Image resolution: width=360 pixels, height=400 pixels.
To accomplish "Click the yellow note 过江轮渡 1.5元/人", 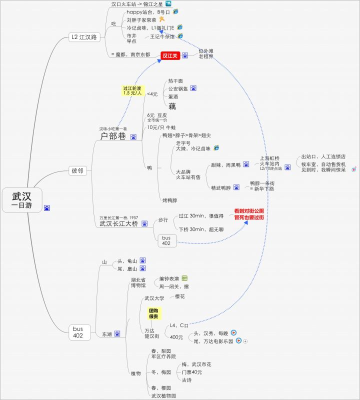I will coord(132,90).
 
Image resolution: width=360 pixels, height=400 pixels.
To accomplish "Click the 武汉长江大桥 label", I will coord(119,224).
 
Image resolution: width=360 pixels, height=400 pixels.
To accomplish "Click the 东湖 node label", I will coord(107,334).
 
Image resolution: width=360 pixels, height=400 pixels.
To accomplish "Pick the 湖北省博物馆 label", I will coord(138,282).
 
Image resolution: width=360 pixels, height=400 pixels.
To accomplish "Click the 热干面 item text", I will coord(175,81).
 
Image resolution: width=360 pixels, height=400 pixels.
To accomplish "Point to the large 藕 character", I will coord(172,106).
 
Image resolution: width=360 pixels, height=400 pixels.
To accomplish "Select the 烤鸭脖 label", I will coord(170,200).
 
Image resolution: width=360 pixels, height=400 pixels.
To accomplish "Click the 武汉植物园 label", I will coord(164,395).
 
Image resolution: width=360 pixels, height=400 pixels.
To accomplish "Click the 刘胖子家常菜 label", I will coord(142,20).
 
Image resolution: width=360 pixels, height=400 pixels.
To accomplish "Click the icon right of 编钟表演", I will coord(184,278).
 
